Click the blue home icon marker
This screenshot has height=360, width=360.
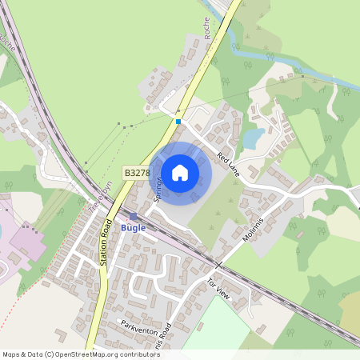tap(180, 172)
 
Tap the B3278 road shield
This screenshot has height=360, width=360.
tap(137, 172)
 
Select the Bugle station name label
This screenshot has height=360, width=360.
tap(133, 228)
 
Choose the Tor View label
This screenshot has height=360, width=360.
tap(218, 289)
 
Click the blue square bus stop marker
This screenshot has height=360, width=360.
tap(178, 122)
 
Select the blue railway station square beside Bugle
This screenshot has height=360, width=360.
tap(134, 216)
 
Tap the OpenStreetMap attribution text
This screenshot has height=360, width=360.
tap(81, 354)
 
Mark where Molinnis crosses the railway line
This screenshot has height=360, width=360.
tap(218, 263)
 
